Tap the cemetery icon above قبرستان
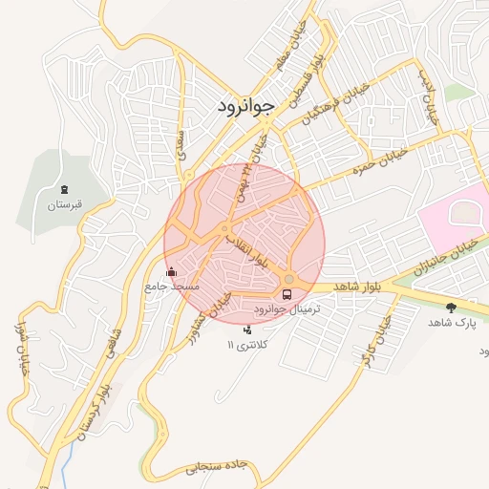(x=64, y=189)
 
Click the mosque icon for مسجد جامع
(x=172, y=271)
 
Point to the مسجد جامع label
(x=172, y=286)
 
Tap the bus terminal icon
(x=287, y=295)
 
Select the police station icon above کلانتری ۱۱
(x=248, y=330)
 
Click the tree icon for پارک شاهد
(x=451, y=308)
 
